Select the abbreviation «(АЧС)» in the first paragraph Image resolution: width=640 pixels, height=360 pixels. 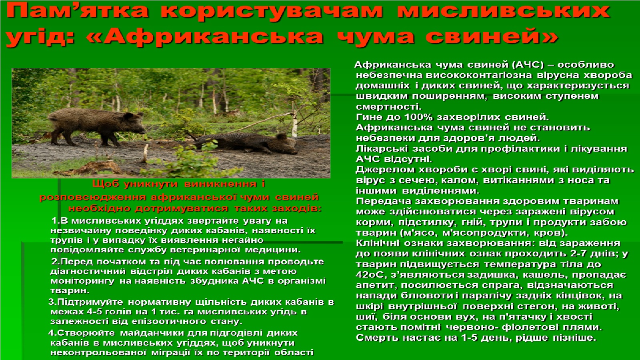point(529,65)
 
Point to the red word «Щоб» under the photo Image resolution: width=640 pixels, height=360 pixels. point(106,184)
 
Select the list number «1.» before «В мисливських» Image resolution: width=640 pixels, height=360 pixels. point(55,221)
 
